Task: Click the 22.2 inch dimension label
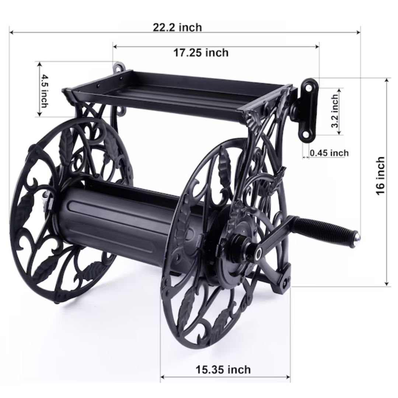click(x=178, y=27)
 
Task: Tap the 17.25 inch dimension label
click(x=201, y=53)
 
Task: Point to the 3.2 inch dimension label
click(x=335, y=111)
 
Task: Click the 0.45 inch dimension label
click(x=329, y=153)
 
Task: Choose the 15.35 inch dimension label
click(x=223, y=369)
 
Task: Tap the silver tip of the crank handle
click(x=356, y=238)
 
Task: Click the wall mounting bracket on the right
click(x=308, y=110)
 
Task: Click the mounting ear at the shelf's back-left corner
click(x=119, y=68)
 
